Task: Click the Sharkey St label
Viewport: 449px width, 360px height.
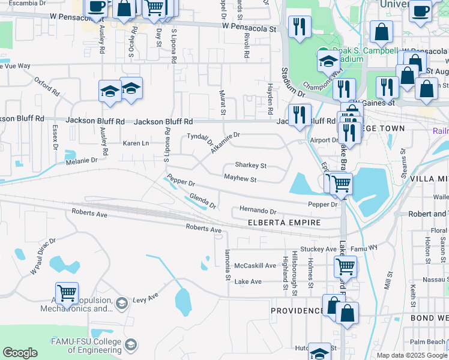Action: tap(250, 165)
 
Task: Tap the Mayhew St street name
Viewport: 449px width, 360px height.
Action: tap(240, 179)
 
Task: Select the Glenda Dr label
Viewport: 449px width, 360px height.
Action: tap(202, 201)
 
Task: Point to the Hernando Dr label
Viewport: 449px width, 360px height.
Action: tap(258, 211)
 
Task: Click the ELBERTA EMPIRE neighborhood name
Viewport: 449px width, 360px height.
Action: tap(284, 223)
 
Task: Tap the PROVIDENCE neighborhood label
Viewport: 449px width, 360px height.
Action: tap(297, 311)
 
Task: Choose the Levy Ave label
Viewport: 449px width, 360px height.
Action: tap(145, 297)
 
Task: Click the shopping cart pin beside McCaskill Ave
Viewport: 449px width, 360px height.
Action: tap(345, 265)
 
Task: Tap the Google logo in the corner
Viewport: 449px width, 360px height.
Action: tap(20, 353)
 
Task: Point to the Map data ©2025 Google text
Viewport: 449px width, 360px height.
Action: tap(412, 355)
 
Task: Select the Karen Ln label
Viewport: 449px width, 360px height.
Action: tap(136, 143)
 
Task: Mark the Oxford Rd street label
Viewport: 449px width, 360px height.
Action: tap(47, 86)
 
